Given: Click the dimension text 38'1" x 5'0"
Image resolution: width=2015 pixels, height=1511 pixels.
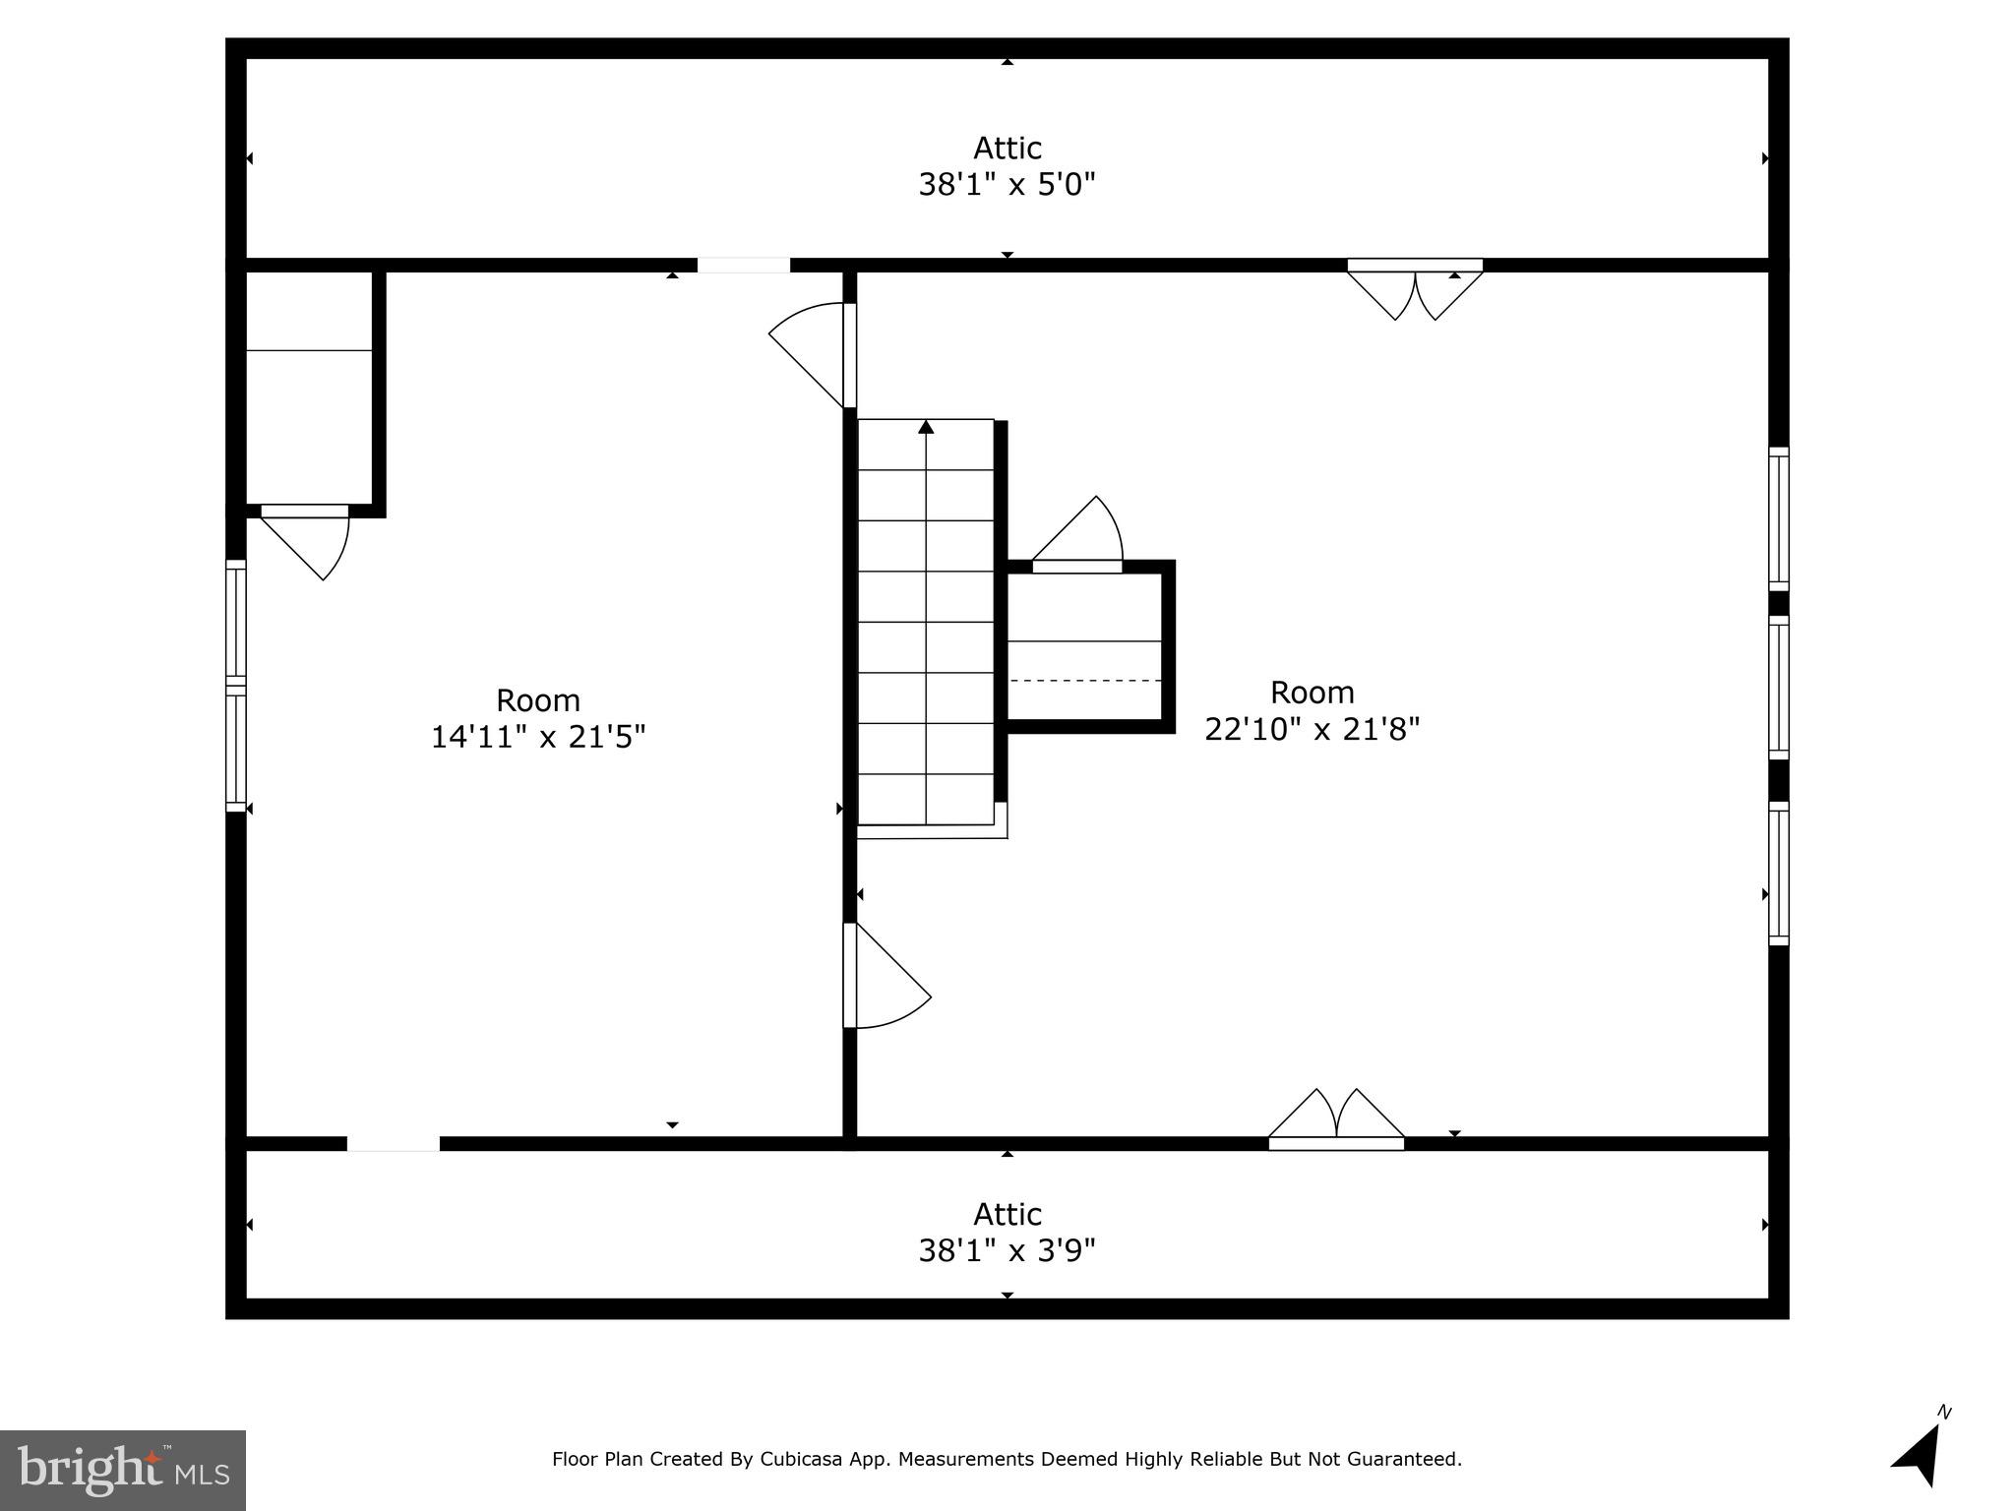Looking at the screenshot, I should pyautogui.click(x=1007, y=185).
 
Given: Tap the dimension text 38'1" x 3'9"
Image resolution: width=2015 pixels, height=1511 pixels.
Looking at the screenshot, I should pyautogui.click(x=1007, y=1250).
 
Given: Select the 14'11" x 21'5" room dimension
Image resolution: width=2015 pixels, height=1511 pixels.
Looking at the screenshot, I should pyautogui.click(x=538, y=737).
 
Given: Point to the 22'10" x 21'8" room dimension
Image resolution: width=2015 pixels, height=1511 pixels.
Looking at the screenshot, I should pyautogui.click(x=1312, y=729).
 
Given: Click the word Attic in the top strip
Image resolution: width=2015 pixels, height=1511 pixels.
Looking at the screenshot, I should pyautogui.click(x=1007, y=149).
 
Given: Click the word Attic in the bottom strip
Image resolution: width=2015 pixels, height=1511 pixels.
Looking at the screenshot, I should pyautogui.click(x=1007, y=1214).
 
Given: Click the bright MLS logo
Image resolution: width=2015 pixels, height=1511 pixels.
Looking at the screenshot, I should pyautogui.click(x=123, y=1470).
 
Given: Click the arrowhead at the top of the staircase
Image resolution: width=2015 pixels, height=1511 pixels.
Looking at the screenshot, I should pyautogui.click(x=926, y=427).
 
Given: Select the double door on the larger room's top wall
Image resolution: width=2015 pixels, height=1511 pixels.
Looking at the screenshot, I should pyautogui.click(x=1415, y=290).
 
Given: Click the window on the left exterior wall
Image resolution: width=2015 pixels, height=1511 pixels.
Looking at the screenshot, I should pyautogui.click(x=236, y=686).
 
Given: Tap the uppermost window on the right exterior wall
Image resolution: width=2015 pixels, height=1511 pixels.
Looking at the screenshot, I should pyautogui.click(x=1778, y=518).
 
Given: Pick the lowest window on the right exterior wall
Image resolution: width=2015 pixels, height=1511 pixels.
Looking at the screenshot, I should pyautogui.click(x=1778, y=874).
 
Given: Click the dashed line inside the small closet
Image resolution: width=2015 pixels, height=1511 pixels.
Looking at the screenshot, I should pyautogui.click(x=1085, y=680).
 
